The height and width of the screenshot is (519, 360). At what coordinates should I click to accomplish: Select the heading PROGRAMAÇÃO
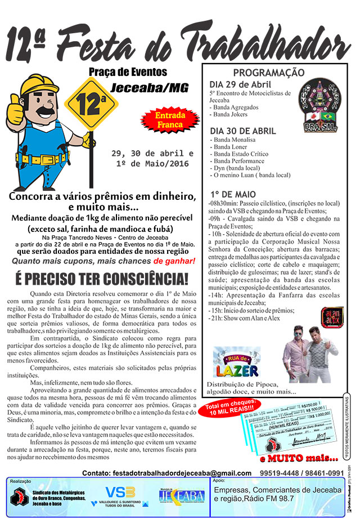pos(269,73)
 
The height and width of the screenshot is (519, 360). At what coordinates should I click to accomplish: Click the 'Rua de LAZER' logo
pos(237,363)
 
